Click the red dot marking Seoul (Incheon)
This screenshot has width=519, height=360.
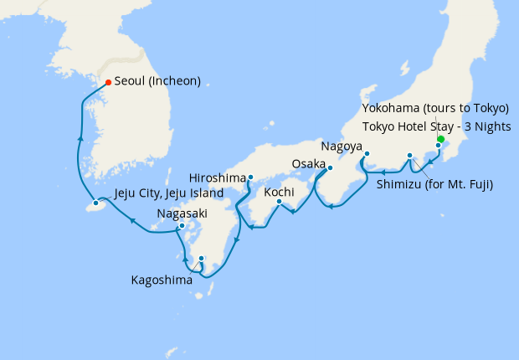pos(108,82)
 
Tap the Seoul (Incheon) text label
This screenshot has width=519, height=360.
pos(157,82)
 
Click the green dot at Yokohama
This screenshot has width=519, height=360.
pos(440,140)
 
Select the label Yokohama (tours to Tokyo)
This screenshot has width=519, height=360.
pos(435,109)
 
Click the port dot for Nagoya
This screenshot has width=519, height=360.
pos(367,153)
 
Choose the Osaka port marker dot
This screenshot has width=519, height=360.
pos(330,168)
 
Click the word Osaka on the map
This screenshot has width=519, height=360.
pos(308,162)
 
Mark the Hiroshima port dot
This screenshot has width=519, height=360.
pos(250,177)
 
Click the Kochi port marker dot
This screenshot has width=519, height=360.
pos(279,201)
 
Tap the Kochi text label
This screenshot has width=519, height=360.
pos(279,192)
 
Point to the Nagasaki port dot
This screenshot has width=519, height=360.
pos(182,226)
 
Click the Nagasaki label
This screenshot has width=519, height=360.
pos(183,214)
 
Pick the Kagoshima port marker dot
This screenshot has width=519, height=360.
pos(202,258)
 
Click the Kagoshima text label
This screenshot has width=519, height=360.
pos(161,280)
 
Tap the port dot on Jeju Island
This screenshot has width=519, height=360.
pos(96,203)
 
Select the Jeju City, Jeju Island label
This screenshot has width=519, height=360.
pos(168,193)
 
